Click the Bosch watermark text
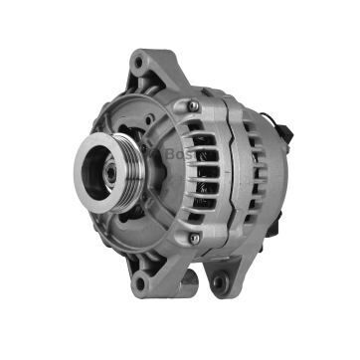point(180,156)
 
